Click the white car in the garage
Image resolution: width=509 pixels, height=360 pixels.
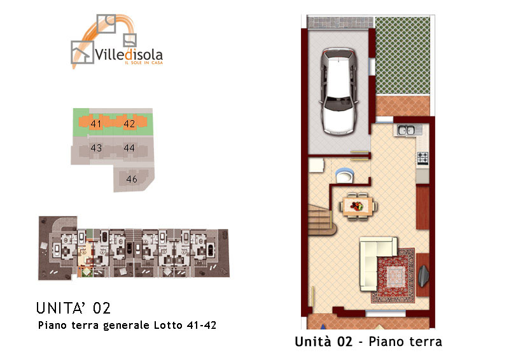tap(338, 91)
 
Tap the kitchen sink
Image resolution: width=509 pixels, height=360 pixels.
tap(406, 130)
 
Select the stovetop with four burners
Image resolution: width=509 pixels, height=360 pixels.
tap(422, 158)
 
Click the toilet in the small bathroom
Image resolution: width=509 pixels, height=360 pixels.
tap(344, 176)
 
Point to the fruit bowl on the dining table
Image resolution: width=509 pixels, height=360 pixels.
tap(356, 206)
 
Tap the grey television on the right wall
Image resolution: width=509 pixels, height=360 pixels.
tap(423, 276)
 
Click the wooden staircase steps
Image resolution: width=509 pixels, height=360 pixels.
tap(321, 220)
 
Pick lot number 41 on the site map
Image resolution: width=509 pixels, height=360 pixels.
tap(96, 123)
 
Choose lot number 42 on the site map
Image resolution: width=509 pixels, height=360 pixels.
tap(129, 123)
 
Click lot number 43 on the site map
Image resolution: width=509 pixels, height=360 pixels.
tap(96, 148)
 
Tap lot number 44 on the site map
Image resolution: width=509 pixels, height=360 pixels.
tap(129, 148)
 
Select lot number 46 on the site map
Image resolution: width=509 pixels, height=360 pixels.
tap(132, 179)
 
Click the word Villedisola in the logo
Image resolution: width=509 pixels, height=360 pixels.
tap(129, 54)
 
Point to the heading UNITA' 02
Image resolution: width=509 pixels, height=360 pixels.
tap(73, 308)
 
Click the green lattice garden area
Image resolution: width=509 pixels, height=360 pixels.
tap(403, 55)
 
